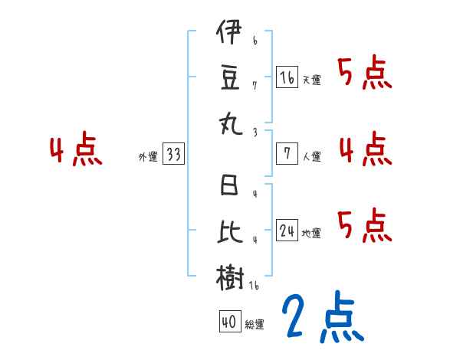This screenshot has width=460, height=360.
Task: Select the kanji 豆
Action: (x=229, y=77)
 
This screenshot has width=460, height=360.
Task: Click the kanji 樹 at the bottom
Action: (x=229, y=277)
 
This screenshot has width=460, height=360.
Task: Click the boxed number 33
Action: (x=174, y=155)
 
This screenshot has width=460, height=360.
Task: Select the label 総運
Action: (x=255, y=325)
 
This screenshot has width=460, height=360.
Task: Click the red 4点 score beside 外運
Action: (x=75, y=150)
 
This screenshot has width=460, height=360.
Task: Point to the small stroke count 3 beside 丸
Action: (x=254, y=132)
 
